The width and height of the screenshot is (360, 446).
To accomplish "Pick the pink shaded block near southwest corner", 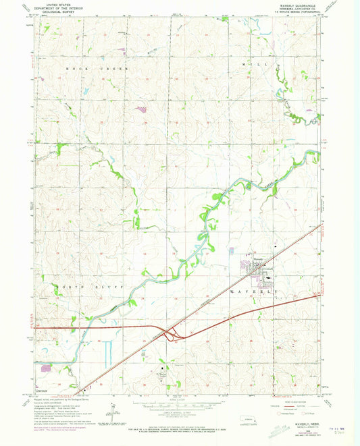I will pyautogui.click(x=46, y=368).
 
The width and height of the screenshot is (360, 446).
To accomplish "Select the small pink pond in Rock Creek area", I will pyautogui.click(x=140, y=109).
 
